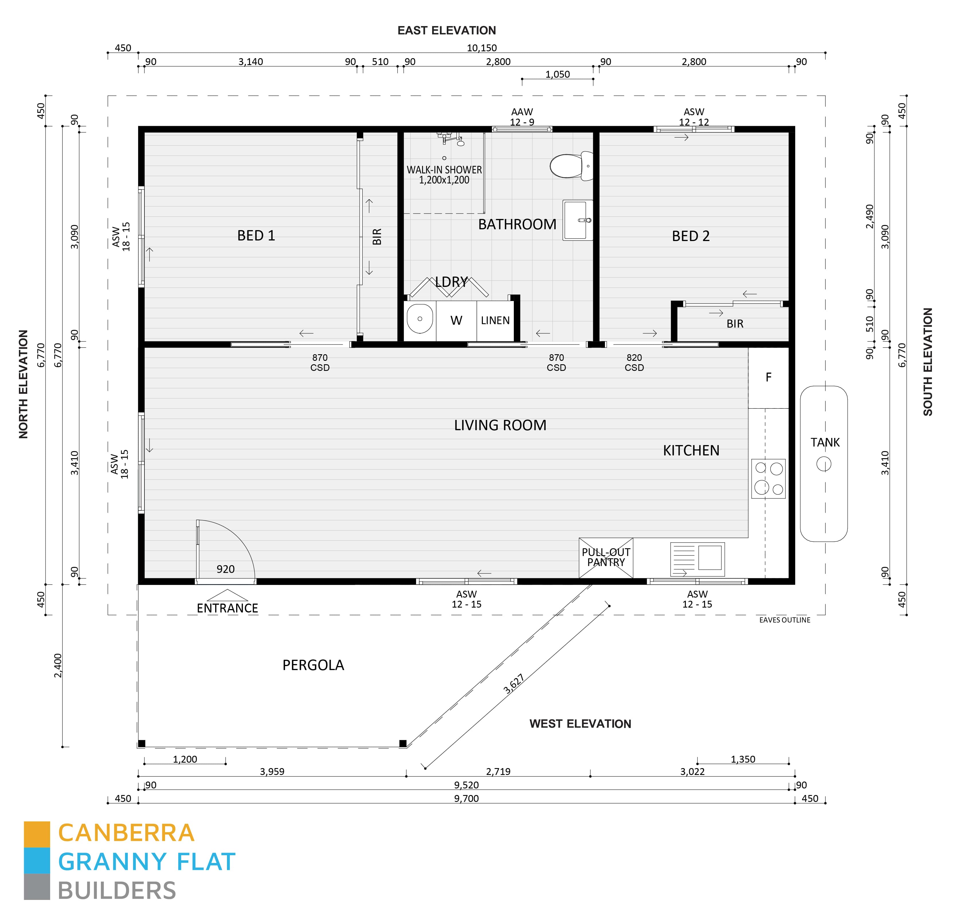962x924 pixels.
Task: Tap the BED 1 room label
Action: click(256, 236)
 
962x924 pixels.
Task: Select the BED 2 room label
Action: click(691, 236)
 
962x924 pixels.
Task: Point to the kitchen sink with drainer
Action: click(697, 559)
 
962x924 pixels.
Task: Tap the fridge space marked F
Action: click(768, 377)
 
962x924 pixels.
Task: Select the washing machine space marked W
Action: click(456, 321)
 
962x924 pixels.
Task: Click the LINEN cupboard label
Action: click(495, 321)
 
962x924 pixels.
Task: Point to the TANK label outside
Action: click(824, 442)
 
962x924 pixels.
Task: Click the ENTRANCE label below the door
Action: click(227, 608)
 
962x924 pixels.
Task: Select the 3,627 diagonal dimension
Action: click(514, 684)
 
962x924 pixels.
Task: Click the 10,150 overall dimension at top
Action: click(481, 48)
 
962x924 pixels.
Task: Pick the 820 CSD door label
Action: click(634, 362)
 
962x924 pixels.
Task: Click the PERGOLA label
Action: click(313, 665)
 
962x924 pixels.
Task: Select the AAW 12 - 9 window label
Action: click(522, 117)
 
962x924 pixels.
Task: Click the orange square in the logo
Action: click(37, 834)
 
